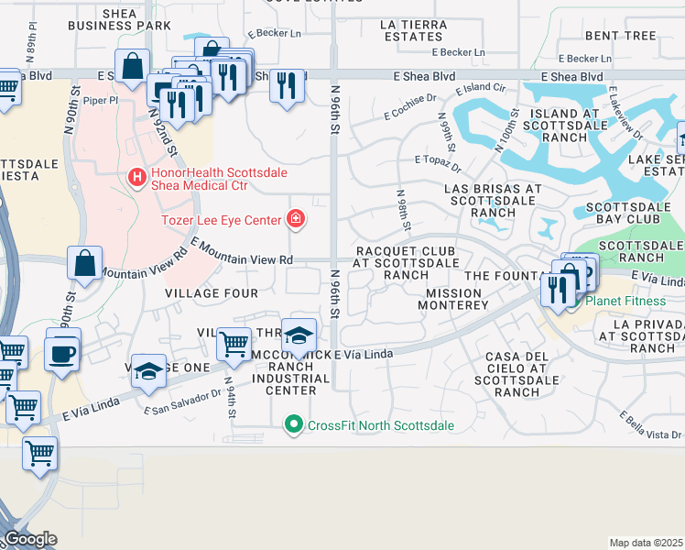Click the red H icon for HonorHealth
pyautogui.click(x=136, y=175)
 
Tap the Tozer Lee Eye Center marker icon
pyautogui.click(x=296, y=218)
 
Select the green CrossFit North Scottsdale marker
pyautogui.click(x=294, y=423)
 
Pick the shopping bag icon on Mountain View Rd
pyautogui.click(x=84, y=264)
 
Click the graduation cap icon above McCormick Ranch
pyautogui.click(x=299, y=335)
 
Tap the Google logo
pyautogui.click(x=30, y=539)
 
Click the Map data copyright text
pyautogui.click(x=646, y=543)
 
